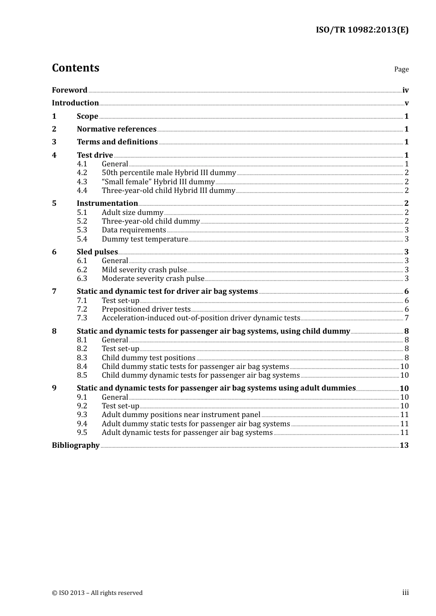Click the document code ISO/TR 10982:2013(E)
point(362,30)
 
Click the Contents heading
point(76,68)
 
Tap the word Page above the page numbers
point(401,69)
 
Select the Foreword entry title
point(69,90)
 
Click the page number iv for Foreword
point(405,90)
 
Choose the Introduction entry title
point(75,103)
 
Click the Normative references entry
point(117,129)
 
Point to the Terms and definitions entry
point(117,142)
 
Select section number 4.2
point(82,173)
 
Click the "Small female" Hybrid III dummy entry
point(158,182)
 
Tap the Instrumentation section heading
point(107,203)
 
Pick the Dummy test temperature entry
point(145,239)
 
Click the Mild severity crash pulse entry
point(144,270)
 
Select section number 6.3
point(82,279)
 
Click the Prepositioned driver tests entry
point(146,309)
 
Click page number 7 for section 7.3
point(407,318)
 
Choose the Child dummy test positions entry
point(148,358)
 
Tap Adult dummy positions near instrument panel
point(181,415)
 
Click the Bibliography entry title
point(76,445)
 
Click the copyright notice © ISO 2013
point(97,593)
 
